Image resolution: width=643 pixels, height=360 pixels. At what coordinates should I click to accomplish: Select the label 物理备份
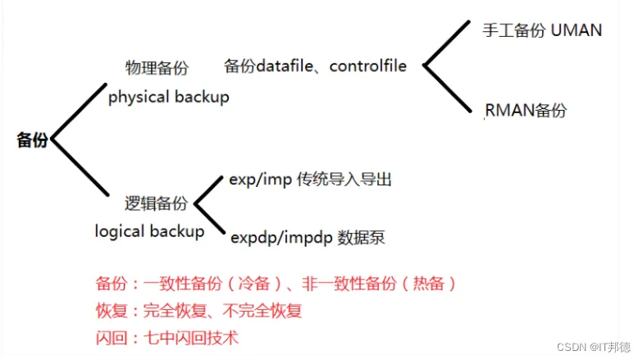[x=157, y=67]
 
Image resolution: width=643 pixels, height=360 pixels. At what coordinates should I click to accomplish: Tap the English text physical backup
[x=168, y=97]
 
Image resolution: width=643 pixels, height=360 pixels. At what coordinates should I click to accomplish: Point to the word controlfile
[x=368, y=66]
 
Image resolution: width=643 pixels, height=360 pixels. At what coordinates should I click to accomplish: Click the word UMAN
[x=577, y=31]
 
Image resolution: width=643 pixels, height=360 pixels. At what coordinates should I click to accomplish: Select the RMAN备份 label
[x=526, y=110]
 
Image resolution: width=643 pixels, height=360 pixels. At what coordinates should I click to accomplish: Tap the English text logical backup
[x=149, y=231]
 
